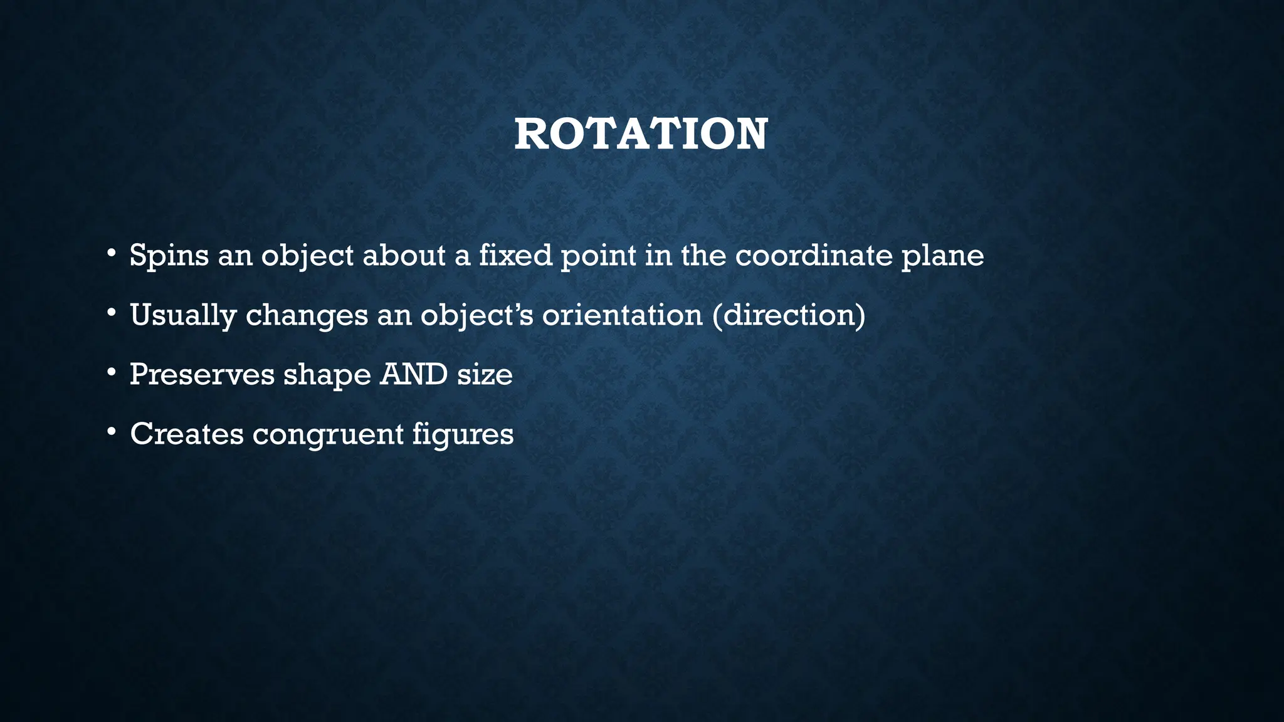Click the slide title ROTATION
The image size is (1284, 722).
click(x=641, y=134)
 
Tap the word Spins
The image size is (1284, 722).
click(x=169, y=256)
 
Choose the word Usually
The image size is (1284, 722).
click(x=182, y=315)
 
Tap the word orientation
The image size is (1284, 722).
click(x=622, y=314)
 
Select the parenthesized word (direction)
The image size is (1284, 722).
click(x=789, y=314)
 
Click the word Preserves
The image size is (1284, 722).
click(x=202, y=374)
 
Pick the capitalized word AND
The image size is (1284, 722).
click(x=414, y=374)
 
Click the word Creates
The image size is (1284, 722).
click(x=187, y=433)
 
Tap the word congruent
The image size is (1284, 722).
click(x=328, y=434)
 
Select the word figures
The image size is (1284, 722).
click(x=463, y=434)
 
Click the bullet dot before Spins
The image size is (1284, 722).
click(x=111, y=254)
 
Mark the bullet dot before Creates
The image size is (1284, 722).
click(x=111, y=432)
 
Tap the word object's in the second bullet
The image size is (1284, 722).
click(x=476, y=315)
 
